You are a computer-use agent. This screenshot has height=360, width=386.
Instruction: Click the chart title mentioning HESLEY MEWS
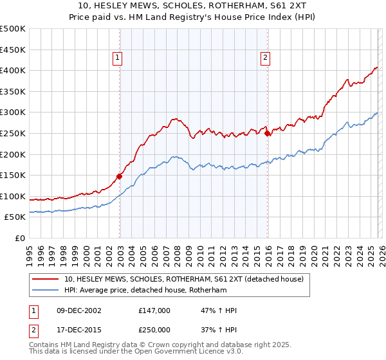pos(192,6)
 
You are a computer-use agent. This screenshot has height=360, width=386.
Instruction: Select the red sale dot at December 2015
pos(268,133)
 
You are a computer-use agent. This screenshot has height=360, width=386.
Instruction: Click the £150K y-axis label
pos(13,175)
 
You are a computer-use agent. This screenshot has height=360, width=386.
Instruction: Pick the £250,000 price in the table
pos(154,329)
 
